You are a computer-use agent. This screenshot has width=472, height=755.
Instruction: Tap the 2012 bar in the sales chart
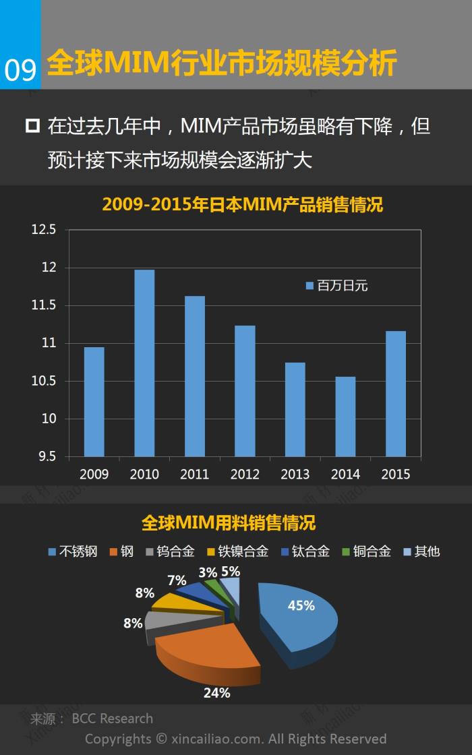245,391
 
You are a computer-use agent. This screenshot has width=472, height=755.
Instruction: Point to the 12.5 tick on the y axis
42,230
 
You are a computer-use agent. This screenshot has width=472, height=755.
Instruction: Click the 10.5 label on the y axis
42,381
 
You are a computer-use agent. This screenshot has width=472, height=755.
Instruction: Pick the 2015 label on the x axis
395,474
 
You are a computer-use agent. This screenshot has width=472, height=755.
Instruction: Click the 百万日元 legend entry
336,286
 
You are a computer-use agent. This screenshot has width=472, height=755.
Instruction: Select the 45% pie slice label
301,605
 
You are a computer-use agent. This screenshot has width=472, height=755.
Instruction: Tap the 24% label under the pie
217,692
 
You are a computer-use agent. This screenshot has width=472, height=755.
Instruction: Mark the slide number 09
20,69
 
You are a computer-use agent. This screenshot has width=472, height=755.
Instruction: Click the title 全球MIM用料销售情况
229,522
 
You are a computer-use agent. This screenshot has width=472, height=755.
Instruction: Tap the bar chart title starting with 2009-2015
242,204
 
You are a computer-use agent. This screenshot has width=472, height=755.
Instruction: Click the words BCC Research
112,719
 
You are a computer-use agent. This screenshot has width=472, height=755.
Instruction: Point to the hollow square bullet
32,126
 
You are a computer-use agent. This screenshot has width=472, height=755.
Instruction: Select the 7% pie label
177,580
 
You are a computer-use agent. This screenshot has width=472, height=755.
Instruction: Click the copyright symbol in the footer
161,739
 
